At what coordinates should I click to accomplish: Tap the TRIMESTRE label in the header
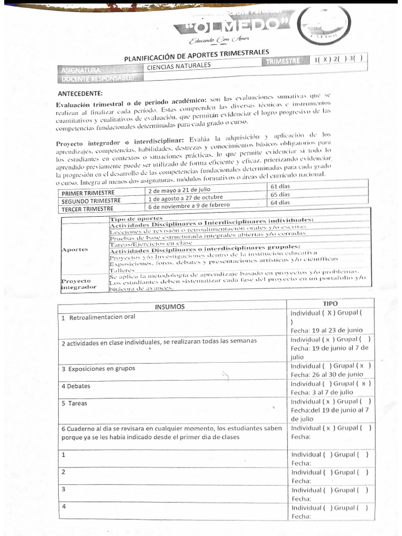283,62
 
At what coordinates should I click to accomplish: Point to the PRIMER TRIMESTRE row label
85,193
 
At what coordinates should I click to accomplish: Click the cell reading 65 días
280,194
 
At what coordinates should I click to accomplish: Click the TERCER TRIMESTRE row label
87,208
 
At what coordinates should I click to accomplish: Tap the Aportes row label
75,249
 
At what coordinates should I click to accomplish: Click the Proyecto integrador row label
79,284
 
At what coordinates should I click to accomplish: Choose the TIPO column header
330,304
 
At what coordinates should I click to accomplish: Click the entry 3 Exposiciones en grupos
98,368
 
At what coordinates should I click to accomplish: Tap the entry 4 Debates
76,386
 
